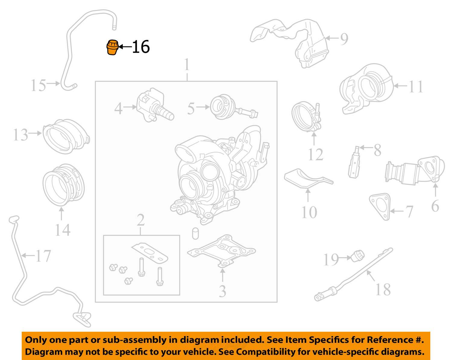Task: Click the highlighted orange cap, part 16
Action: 112,47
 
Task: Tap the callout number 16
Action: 141,47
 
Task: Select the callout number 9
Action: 344,39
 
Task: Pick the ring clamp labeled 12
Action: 306,117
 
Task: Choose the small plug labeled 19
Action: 358,256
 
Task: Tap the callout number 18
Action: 383,290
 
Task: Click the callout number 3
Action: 222,291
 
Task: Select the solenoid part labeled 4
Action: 155,105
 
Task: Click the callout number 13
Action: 20,135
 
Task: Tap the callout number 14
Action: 63,230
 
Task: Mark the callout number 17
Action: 43,256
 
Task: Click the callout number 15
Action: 38,85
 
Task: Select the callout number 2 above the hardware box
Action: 141,220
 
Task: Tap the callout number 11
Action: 416,87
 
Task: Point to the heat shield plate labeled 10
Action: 308,178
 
